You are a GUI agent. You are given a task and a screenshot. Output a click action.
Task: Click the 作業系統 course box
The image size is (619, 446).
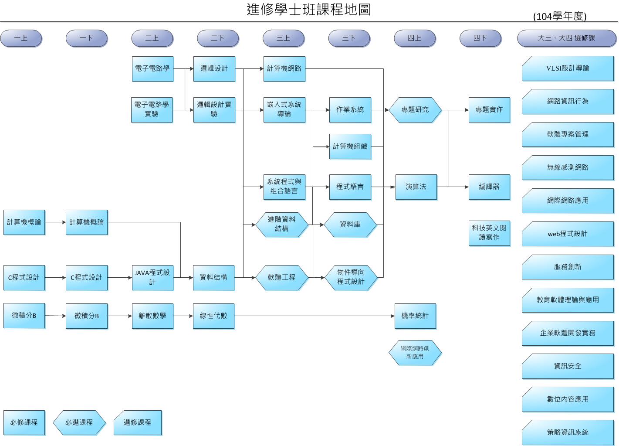pyautogui.click(x=350, y=110)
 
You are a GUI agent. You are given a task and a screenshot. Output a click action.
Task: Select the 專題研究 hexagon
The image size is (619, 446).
pyautogui.click(x=415, y=110)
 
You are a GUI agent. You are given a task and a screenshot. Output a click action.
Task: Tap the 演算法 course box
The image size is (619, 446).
pyautogui.click(x=416, y=187)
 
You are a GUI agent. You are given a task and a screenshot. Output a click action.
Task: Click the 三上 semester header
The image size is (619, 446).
pyautogui.click(x=283, y=38)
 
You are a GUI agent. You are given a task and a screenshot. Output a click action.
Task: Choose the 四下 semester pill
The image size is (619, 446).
pyautogui.click(x=480, y=38)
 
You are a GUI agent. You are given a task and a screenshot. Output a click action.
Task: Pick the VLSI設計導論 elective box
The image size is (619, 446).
pyautogui.click(x=568, y=68)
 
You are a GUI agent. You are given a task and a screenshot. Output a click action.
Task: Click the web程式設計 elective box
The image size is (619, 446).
pyautogui.click(x=568, y=234)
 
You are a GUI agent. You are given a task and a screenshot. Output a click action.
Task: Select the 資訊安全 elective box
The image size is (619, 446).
pyautogui.click(x=568, y=366)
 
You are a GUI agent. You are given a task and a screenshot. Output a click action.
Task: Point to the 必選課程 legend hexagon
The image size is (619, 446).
pyautogui.click(x=79, y=422)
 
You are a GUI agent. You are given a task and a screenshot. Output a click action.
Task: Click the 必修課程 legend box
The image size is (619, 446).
pyautogui.click(x=24, y=422)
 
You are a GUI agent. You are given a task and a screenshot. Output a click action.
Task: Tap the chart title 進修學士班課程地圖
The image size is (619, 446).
pyautogui.click(x=309, y=10)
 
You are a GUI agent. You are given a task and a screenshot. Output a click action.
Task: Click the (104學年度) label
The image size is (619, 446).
pyautogui.click(x=560, y=17)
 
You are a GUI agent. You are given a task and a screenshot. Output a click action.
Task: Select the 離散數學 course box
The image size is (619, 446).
pyautogui.click(x=152, y=316)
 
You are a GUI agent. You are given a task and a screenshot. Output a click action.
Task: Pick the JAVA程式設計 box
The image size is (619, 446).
pyautogui.click(x=152, y=277)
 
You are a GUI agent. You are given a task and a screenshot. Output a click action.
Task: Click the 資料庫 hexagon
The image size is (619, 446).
pyautogui.click(x=350, y=225)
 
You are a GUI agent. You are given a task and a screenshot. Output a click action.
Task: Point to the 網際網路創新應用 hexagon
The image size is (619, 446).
pyautogui.click(x=415, y=352)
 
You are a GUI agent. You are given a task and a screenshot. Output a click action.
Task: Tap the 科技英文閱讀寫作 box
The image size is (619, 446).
pyautogui.click(x=489, y=233)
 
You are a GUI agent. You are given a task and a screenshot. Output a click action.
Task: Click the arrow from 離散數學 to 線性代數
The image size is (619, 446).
pyautogui.click(x=183, y=316)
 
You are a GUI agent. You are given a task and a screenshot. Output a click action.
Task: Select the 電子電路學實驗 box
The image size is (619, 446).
pyautogui.click(x=152, y=109)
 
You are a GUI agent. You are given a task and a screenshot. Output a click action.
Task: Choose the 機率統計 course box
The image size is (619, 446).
pyautogui.click(x=415, y=316)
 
